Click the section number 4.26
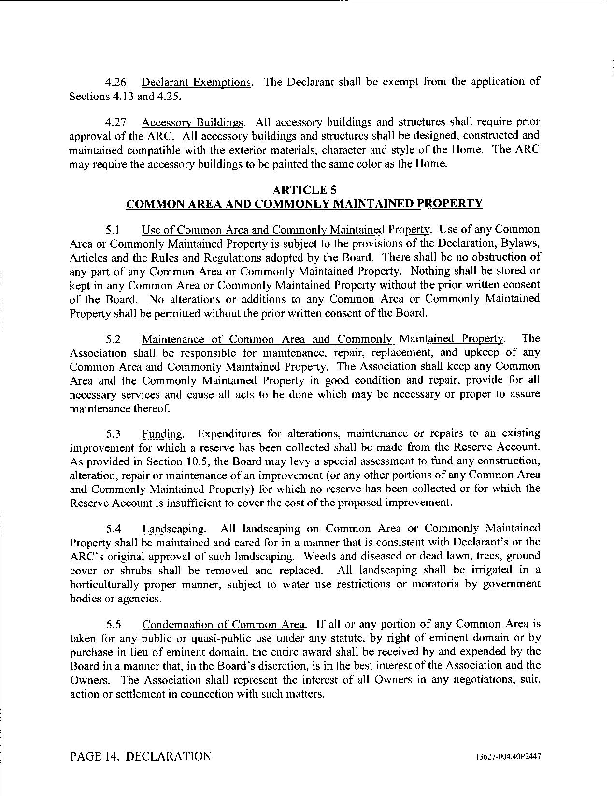116,82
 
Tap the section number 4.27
116,122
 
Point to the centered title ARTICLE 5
304,190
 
